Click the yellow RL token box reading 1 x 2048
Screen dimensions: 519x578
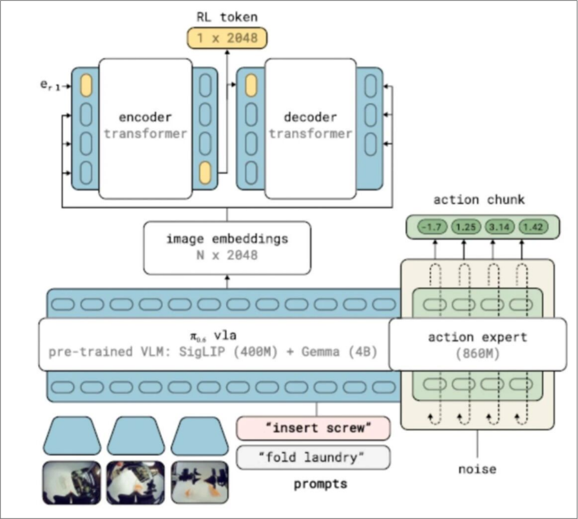pyautogui.click(x=226, y=38)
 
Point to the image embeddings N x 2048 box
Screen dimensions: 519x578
pyautogui.click(x=226, y=247)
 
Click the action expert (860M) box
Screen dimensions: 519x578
pyautogui.click(x=477, y=345)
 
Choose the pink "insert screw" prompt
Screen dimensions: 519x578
pyautogui.click(x=314, y=428)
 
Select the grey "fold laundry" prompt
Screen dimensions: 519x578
pyautogui.click(x=314, y=457)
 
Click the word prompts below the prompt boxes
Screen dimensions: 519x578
pyautogui.click(x=320, y=484)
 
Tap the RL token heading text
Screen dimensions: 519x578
pyautogui.click(x=226, y=17)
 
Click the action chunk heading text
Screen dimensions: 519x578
pyautogui.click(x=479, y=200)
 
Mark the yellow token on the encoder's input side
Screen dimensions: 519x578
pyautogui.click(x=86, y=87)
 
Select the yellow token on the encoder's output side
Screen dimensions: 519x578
pyautogui.click(x=205, y=174)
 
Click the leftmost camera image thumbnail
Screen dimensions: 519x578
pyautogui.click(x=72, y=483)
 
